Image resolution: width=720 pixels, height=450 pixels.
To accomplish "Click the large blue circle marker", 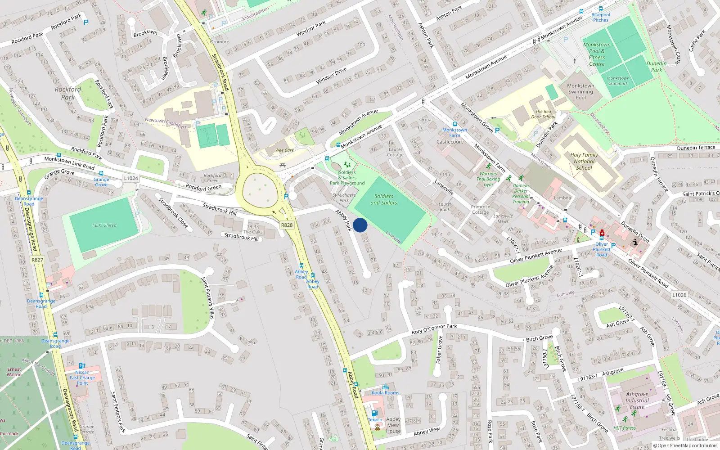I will pos(360,225).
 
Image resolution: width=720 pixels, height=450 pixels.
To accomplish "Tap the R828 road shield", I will pos(287,225).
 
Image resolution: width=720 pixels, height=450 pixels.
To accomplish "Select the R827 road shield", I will pos(37,260).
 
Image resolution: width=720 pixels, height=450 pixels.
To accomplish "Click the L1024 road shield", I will pos(131,178).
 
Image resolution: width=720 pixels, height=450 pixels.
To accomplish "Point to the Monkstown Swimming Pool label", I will pos(580,91).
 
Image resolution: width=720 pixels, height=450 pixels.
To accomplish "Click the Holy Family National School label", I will pos(584,161).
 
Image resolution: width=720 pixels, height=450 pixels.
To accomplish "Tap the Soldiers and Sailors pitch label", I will pos(384,199).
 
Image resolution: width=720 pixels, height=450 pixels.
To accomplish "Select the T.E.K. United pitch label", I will pos(104,225).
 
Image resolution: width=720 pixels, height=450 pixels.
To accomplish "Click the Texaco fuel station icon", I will pos(374,413).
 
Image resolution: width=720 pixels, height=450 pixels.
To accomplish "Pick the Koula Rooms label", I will pos(385,392).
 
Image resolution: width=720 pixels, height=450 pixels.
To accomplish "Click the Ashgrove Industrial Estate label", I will pos(637,400).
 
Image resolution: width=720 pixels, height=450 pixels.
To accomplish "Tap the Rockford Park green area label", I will pos(68,93).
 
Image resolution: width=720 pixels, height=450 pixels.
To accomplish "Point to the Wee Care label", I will pos(284,150).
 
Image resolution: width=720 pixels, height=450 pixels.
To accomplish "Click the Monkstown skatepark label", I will pos(618,81).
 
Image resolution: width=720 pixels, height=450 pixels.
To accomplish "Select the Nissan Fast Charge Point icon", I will pos(81,366).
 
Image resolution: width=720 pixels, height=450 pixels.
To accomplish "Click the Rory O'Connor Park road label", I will pos(434,329).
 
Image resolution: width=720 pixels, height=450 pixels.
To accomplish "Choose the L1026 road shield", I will pos(679,295).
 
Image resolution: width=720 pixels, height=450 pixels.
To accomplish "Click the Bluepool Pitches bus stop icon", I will pos(600,9).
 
